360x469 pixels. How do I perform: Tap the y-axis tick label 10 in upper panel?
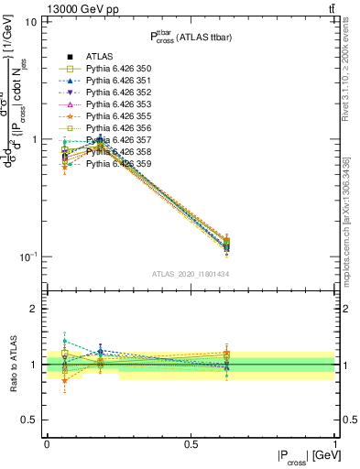pos(30,22)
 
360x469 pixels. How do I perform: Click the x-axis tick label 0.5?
pos(191,443)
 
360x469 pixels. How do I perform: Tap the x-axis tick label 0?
pos(47,443)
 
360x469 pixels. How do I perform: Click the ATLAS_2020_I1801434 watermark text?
pos(191,274)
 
